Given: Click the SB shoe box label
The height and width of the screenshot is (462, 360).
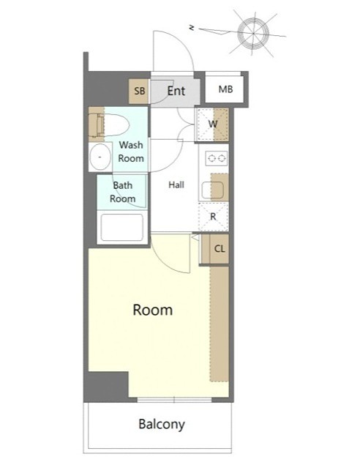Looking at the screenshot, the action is pyautogui.click(x=140, y=91).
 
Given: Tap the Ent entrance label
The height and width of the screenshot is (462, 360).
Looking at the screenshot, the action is pyautogui.click(x=176, y=91).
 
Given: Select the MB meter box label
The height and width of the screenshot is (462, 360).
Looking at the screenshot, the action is pyautogui.click(x=225, y=89).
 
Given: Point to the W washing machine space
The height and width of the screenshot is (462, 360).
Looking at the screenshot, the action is pyautogui.click(x=213, y=124).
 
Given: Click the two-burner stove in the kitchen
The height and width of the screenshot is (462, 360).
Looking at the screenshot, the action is pyautogui.click(x=217, y=158).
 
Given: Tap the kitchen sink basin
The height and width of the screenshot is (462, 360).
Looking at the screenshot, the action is pyautogui.click(x=212, y=190).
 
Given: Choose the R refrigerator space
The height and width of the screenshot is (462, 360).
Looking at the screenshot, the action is pyautogui.click(x=214, y=217).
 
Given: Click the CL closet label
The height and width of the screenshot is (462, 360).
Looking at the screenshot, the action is pyautogui.click(x=220, y=249).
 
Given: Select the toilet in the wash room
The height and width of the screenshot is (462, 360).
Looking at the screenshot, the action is pyautogui.click(x=110, y=125).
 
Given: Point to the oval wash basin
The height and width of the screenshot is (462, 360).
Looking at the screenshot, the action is pyautogui.click(x=100, y=157).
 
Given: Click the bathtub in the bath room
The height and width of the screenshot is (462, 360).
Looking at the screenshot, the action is pyautogui.click(x=122, y=227).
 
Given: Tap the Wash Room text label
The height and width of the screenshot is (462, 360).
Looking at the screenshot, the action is pyautogui.click(x=131, y=152).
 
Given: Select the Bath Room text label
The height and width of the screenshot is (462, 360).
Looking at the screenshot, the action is pyautogui.click(x=123, y=192).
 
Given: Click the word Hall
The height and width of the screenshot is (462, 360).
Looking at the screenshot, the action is pyautogui.click(x=176, y=185).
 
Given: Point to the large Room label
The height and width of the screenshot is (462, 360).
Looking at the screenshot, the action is pyautogui.click(x=153, y=310).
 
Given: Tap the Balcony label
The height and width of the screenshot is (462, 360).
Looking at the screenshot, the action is pyautogui.click(x=162, y=425).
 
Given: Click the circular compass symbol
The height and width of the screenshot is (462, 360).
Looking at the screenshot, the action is pyautogui.click(x=253, y=33).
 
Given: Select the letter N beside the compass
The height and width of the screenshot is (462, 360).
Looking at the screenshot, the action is pyautogui.click(x=192, y=28).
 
